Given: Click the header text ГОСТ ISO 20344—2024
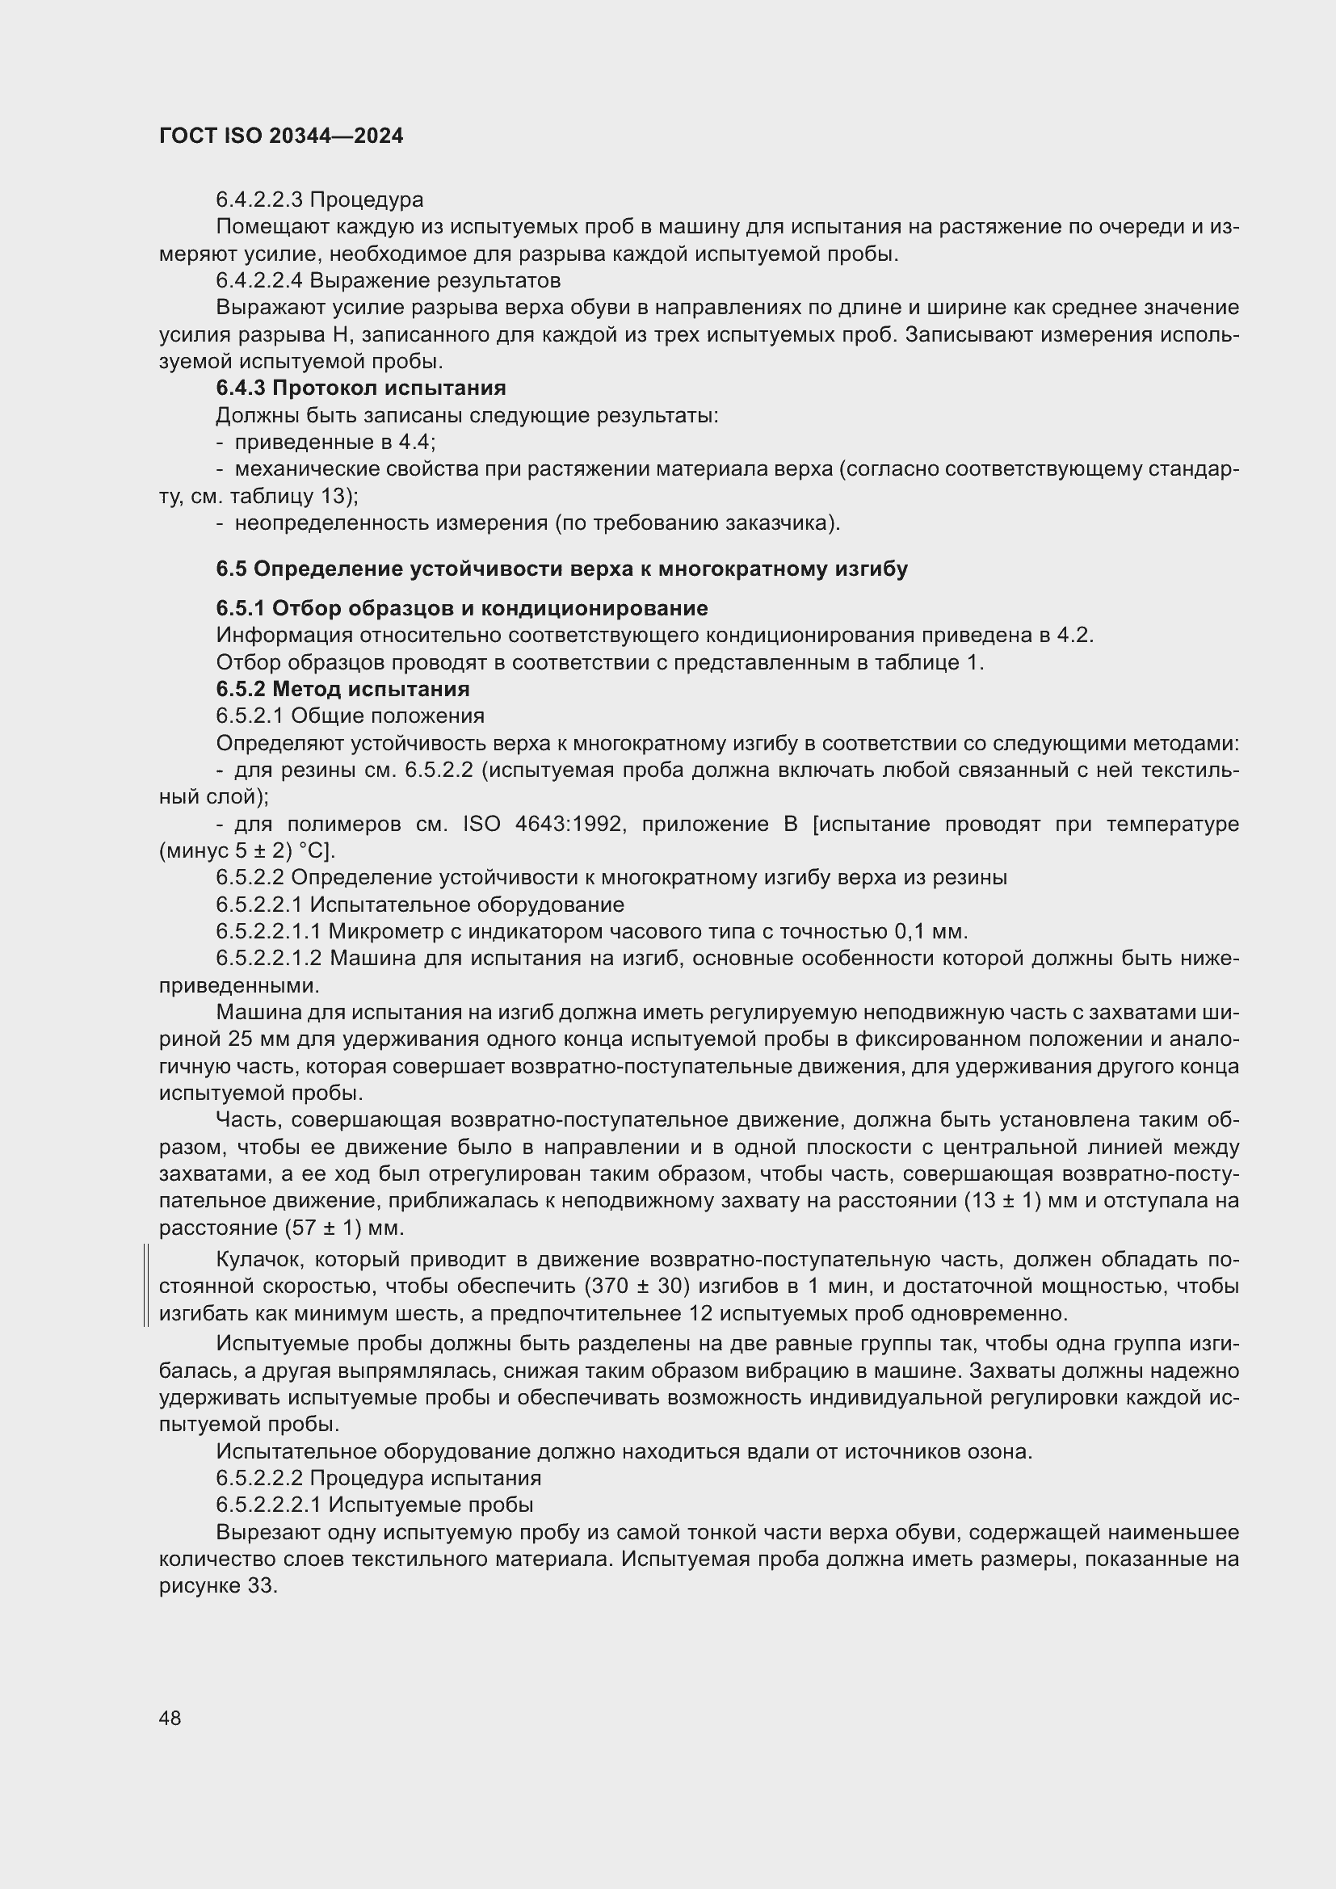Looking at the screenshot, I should coord(280,136).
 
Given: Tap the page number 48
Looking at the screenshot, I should coord(170,1718).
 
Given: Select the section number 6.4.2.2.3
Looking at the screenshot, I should coord(259,200).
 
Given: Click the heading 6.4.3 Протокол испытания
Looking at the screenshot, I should coord(360,388).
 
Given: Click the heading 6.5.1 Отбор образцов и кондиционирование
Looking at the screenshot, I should coord(461,609).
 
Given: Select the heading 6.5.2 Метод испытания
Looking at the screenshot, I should coord(342,689).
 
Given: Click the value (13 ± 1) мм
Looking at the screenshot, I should coord(1020,1201).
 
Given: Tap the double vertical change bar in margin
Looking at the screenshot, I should coord(145,1286).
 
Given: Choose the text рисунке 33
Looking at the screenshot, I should coord(218,1585).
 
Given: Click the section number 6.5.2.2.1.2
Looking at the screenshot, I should coord(269,959).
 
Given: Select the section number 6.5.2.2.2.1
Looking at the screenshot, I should coord(269,1505).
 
